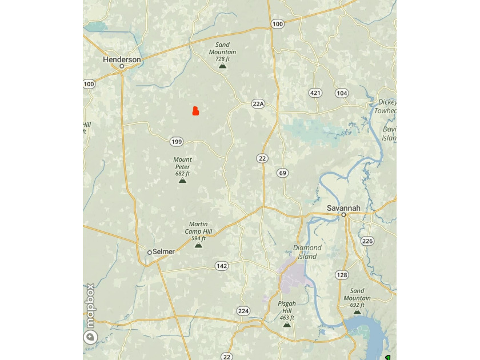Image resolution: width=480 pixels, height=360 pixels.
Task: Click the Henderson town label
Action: (x=122, y=59)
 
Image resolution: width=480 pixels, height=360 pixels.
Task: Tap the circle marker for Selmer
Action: (x=150, y=252)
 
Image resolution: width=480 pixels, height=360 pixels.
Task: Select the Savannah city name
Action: (x=343, y=208)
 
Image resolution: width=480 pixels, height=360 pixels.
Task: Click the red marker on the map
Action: (x=195, y=111)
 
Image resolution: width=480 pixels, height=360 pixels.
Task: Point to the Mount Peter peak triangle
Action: (x=182, y=180)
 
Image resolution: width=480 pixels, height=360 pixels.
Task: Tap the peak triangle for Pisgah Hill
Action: (x=287, y=324)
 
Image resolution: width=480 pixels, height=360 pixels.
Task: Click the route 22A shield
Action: (x=258, y=104)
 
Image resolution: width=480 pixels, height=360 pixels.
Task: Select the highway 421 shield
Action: (x=315, y=93)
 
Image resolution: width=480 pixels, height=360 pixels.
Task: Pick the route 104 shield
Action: (x=342, y=93)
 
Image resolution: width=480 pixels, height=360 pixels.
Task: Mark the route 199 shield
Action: (x=177, y=142)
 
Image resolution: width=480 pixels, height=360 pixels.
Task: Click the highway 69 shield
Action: (x=282, y=173)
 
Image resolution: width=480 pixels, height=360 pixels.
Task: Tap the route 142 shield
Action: (x=222, y=266)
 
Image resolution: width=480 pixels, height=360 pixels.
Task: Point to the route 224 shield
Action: (x=243, y=311)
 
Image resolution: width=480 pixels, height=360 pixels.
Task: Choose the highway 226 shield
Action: (x=367, y=241)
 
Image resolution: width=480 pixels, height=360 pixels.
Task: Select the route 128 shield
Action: (x=342, y=275)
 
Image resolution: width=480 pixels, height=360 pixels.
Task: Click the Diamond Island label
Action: (x=307, y=252)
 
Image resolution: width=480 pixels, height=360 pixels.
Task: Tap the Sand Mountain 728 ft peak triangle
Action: (x=223, y=66)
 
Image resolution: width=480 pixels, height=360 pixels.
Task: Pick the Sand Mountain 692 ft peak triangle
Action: (x=357, y=312)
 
